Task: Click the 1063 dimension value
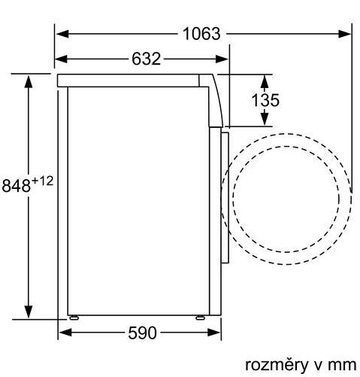pyautogui.click(x=201, y=34)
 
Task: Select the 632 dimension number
pyautogui.click(x=146, y=59)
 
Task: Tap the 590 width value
pyautogui.click(x=142, y=333)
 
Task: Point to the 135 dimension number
pyautogui.click(x=265, y=100)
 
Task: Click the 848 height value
pyautogui.click(x=17, y=186)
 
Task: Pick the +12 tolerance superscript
pyautogui.click(x=43, y=181)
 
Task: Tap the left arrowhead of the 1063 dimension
pyautogui.click(x=62, y=34)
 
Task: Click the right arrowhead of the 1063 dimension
pyautogui.click(x=344, y=34)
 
